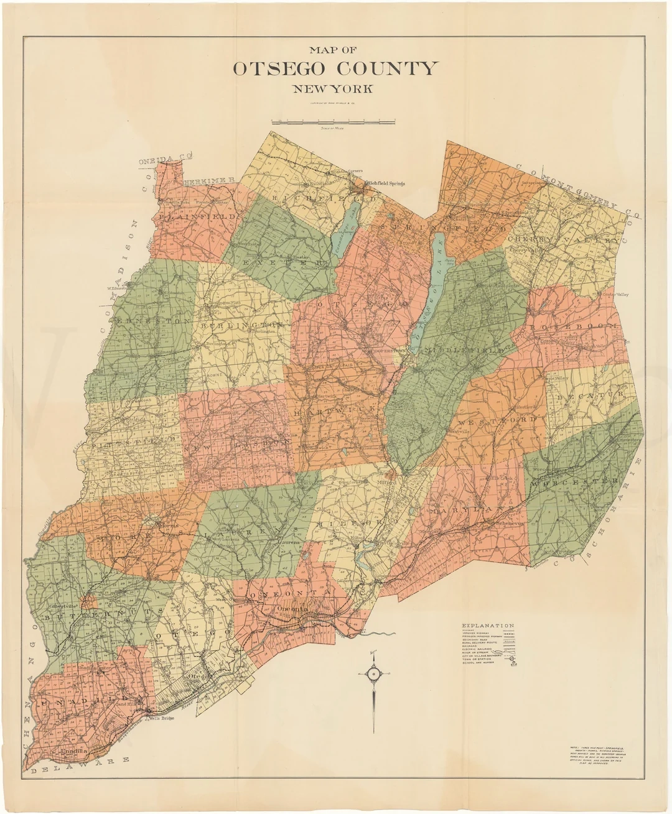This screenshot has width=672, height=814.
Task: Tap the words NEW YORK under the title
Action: coord(334,89)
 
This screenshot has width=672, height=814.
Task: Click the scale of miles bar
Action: coord(334,121)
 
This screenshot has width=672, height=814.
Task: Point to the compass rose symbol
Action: coord(374,673)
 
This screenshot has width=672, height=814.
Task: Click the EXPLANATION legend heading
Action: coord(488,626)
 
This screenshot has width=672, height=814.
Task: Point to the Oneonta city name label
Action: coord(292,609)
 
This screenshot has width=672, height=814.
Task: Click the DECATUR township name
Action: coord(589,395)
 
